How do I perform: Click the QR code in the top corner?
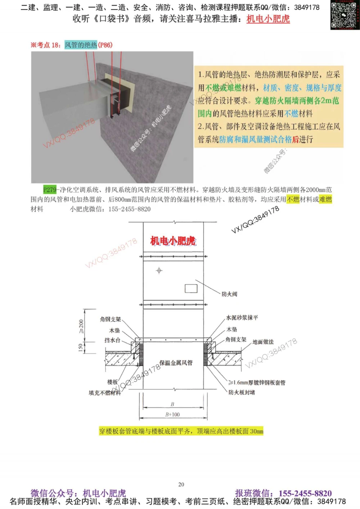tap(345, 15)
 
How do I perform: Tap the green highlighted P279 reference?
tap(50, 190)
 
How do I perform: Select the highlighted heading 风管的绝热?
tap(81, 45)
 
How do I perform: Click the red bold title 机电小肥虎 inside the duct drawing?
tap(173, 241)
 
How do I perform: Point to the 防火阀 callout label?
tap(229, 294)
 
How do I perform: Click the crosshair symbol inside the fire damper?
tap(159, 271)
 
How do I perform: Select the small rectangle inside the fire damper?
tap(191, 288)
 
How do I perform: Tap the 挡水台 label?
tap(112, 340)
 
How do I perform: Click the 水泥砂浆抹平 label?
tap(242, 318)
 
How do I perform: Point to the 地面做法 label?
tap(263, 342)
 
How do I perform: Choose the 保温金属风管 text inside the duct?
tap(176, 363)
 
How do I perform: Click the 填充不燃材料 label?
tap(105, 393)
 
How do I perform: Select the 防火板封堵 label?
tap(242, 392)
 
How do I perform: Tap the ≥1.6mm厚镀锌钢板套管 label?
tap(257, 383)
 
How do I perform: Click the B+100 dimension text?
tap(172, 415)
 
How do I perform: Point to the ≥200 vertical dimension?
tap(81, 326)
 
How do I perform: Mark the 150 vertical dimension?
tap(81, 347)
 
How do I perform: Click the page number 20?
tap(181, 485)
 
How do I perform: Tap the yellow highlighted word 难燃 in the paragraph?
tap(325, 199)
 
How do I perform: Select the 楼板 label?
tap(112, 382)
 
